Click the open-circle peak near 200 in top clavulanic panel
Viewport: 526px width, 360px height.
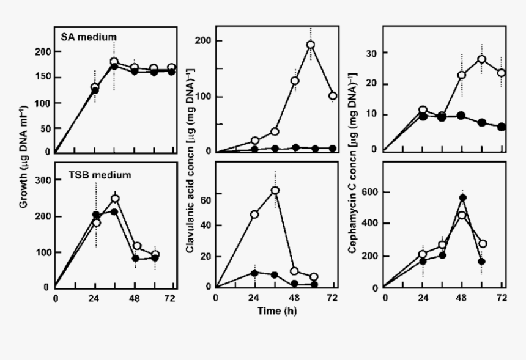click(x=311, y=45)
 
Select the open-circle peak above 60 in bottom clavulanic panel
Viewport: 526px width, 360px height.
click(x=275, y=190)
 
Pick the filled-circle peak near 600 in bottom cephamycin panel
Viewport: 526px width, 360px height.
click(x=463, y=197)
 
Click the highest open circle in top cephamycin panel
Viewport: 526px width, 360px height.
click(x=482, y=59)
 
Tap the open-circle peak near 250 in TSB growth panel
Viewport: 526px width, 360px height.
click(x=114, y=199)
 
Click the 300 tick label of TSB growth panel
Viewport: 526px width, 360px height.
click(x=42, y=180)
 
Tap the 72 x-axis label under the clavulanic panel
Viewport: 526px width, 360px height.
click(x=332, y=298)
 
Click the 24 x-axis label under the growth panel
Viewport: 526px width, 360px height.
click(x=94, y=299)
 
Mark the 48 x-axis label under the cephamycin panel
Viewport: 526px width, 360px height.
click(x=463, y=299)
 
